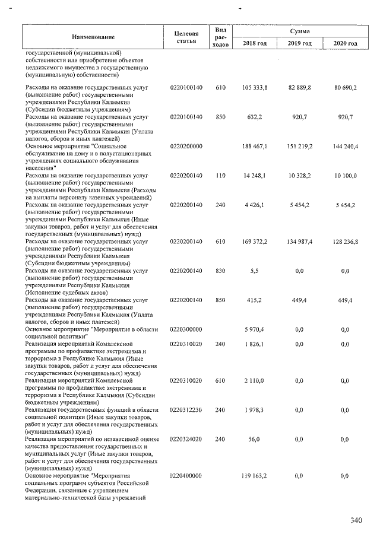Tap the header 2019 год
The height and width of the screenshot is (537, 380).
(x=300, y=43)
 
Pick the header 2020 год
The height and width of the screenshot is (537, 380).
(x=345, y=43)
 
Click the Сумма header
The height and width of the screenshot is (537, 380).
(x=300, y=30)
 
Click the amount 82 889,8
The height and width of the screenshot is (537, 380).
(x=300, y=88)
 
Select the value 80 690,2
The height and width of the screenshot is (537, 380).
(x=345, y=88)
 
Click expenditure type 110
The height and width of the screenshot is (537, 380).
(x=220, y=176)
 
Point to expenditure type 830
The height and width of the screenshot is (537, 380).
(x=220, y=271)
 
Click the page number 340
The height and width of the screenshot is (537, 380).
(x=356, y=520)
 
